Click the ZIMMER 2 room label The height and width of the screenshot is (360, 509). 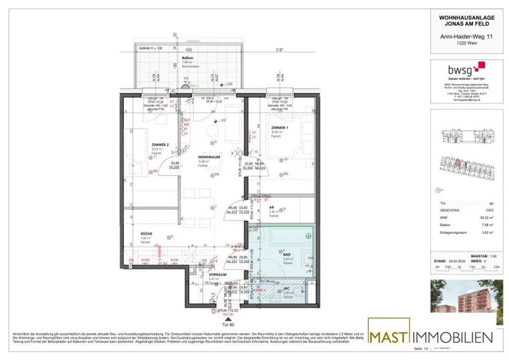click(x=161, y=145)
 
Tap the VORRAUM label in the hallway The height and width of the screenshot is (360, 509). click(x=218, y=274)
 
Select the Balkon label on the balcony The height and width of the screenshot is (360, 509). click(x=187, y=58)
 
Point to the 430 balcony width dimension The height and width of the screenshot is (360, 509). click(x=189, y=50)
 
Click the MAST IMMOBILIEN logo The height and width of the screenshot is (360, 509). click(x=430, y=337)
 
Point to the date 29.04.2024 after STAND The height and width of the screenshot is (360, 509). click(x=456, y=261)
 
